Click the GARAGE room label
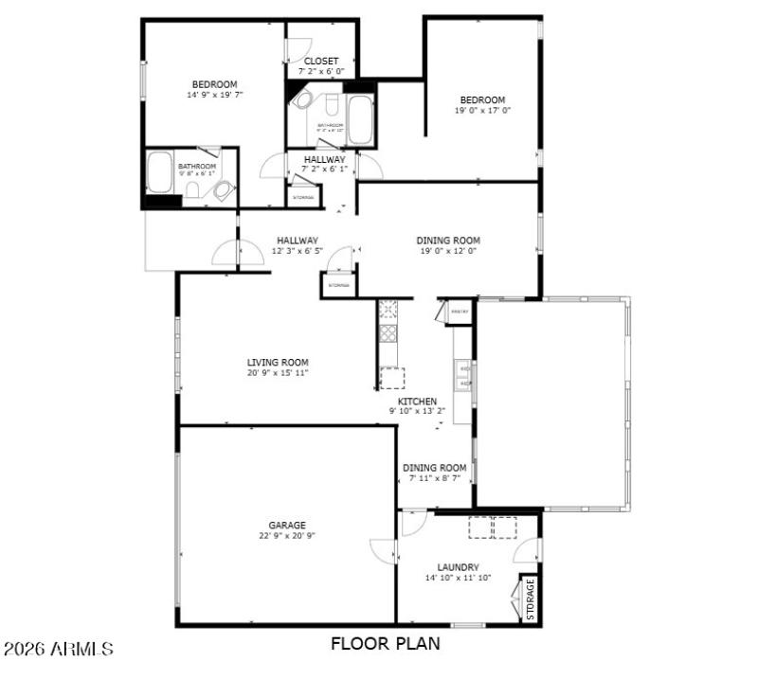286,525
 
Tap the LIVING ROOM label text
278,362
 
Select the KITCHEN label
417,402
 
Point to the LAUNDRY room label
458,567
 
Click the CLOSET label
321,62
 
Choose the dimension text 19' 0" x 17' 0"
482,110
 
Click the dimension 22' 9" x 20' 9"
286,536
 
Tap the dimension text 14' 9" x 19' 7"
215,95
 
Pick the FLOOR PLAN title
385,644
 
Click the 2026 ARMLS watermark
59,650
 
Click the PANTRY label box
460,311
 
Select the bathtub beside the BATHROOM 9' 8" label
158,172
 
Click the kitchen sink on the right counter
464,376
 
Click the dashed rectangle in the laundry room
493,527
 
